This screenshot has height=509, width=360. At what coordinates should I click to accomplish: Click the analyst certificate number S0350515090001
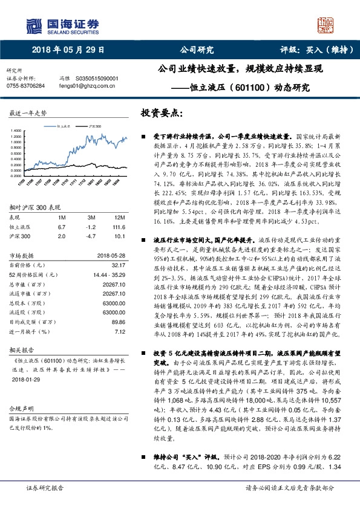[x=97, y=79]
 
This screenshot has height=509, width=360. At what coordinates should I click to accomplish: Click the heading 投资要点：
[x=162, y=113]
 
